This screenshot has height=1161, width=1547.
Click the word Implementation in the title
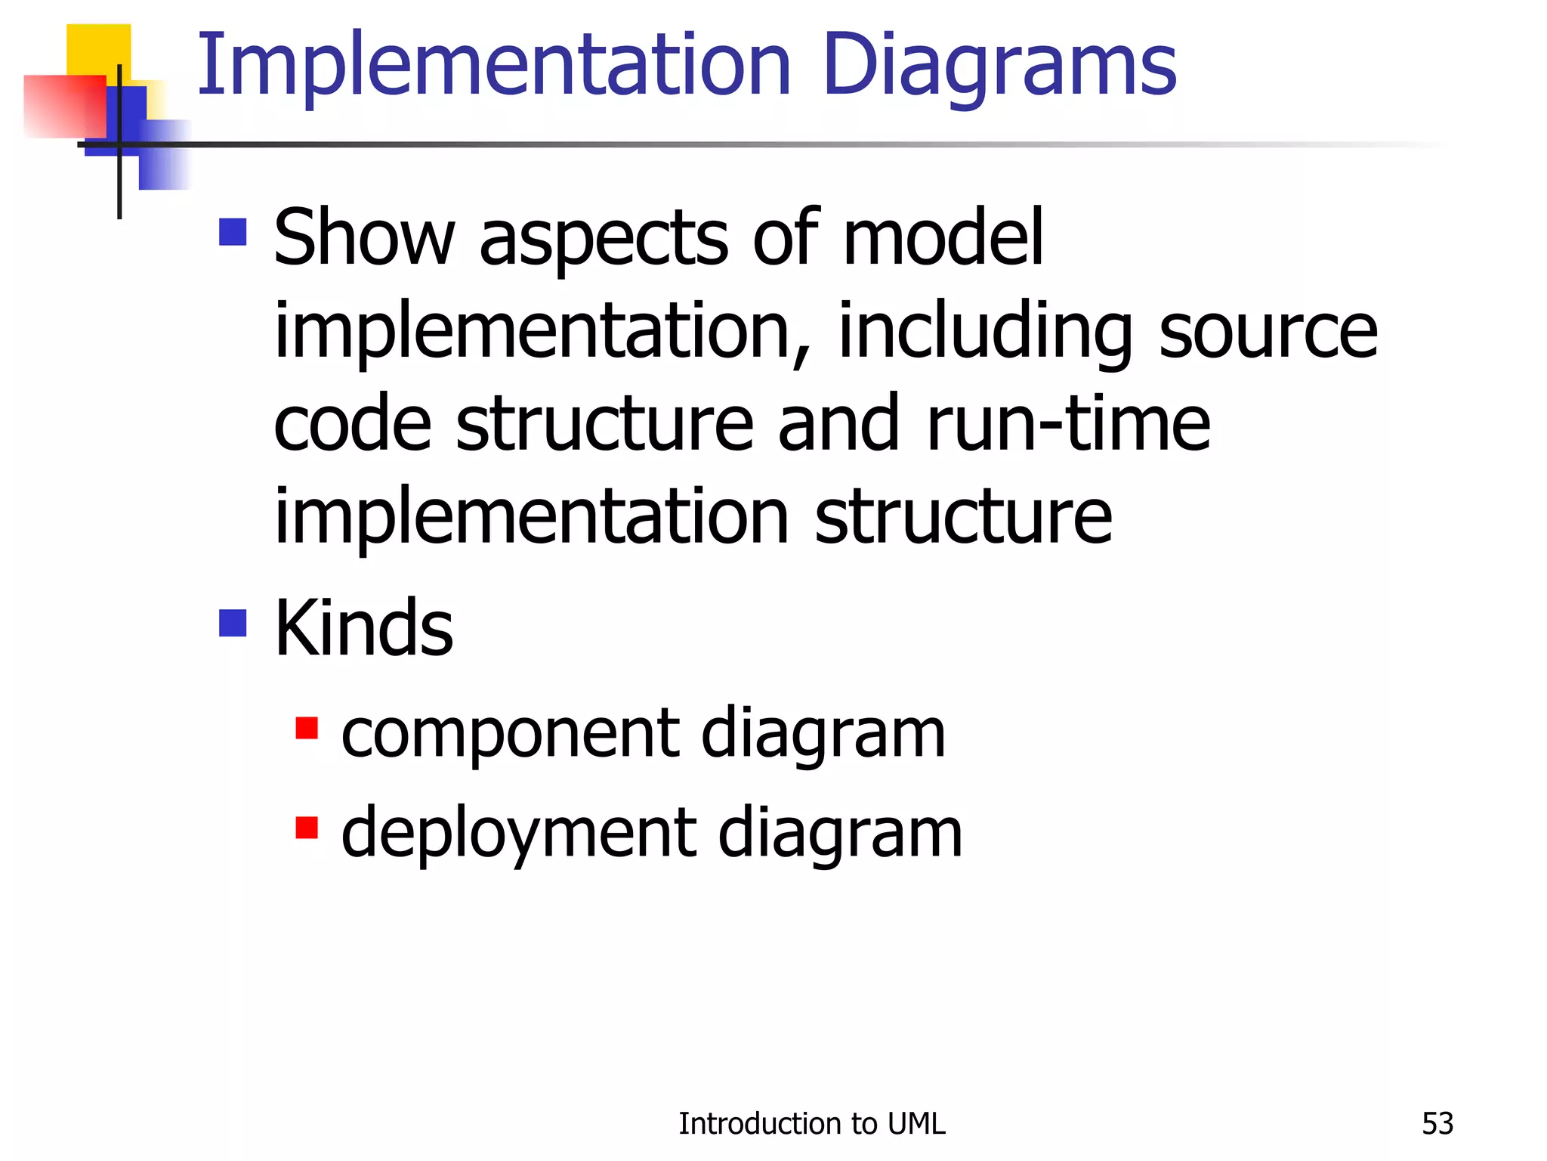[494, 67]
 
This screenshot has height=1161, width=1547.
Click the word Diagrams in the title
[999, 67]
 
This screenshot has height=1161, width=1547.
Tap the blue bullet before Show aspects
[233, 232]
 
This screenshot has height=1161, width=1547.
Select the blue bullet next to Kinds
[233, 624]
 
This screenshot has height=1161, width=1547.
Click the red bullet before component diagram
[306, 728]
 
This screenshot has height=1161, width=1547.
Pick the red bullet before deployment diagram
[306, 828]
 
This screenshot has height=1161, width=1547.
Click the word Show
[363, 238]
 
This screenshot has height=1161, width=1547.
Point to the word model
[943, 238]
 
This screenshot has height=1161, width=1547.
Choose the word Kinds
[363, 628]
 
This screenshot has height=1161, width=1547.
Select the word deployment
[518, 833]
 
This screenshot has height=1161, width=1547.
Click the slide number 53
[1437, 1124]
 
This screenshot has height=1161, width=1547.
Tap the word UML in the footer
[916, 1124]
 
